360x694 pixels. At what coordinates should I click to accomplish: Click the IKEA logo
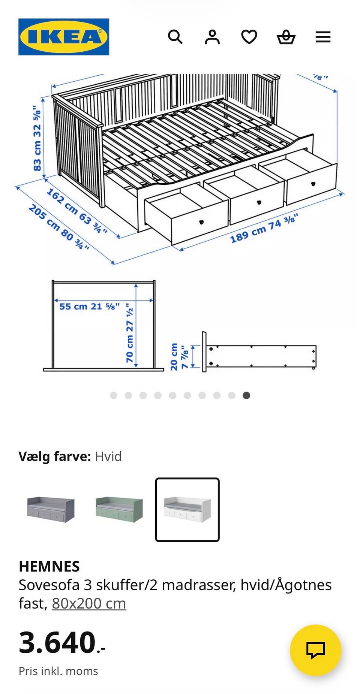pyautogui.click(x=64, y=37)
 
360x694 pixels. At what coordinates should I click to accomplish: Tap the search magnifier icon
pyautogui.click(x=175, y=37)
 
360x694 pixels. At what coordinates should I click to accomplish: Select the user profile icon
pyautogui.click(x=212, y=37)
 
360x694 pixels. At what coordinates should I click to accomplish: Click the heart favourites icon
pyautogui.click(x=249, y=37)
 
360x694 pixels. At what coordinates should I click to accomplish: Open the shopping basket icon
pyautogui.click(x=286, y=37)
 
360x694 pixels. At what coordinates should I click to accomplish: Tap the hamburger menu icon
pyautogui.click(x=323, y=37)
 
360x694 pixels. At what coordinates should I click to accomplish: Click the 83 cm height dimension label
pyautogui.click(x=37, y=139)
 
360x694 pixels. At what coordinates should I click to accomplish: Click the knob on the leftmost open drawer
pyautogui.click(x=201, y=222)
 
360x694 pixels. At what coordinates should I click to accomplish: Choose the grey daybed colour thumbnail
pyautogui.click(x=51, y=509)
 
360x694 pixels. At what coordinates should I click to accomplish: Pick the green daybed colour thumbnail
pyautogui.click(x=119, y=509)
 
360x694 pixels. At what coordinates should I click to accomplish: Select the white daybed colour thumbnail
pyautogui.click(x=187, y=509)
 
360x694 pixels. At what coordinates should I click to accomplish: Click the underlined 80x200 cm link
pyautogui.click(x=89, y=603)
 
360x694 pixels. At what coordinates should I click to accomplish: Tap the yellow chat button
pyautogui.click(x=315, y=650)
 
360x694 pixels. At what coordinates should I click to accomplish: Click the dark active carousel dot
pyautogui.click(x=246, y=395)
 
